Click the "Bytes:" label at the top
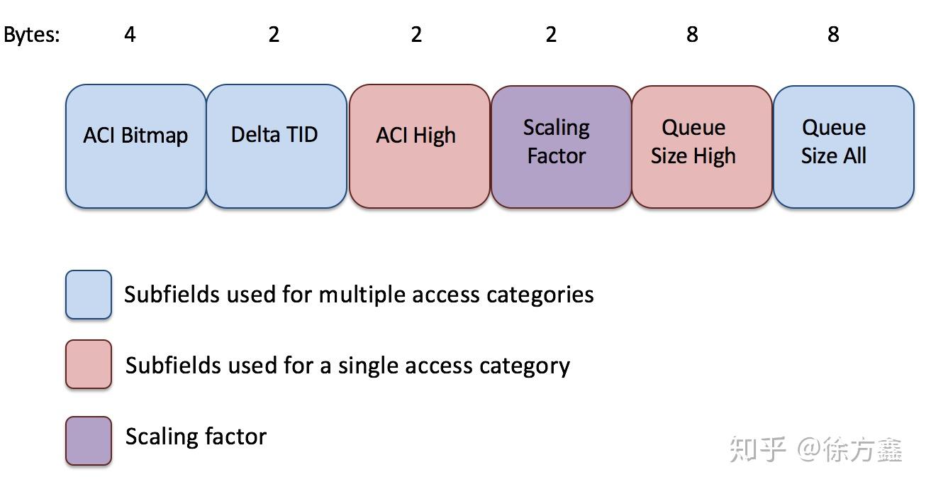[32, 35]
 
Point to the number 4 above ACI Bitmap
[130, 34]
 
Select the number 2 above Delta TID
[274, 34]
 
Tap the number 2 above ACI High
[416, 34]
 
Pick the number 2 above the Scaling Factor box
[551, 34]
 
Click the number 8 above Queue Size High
[692, 34]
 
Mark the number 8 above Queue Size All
[833, 34]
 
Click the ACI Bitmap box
[135, 146]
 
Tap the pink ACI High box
[419, 146]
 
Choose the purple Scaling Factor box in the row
[560, 146]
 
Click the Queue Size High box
[701, 146]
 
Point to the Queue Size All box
[843, 146]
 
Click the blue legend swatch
[89, 295]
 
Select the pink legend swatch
[89, 365]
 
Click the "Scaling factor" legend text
[196, 436]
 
